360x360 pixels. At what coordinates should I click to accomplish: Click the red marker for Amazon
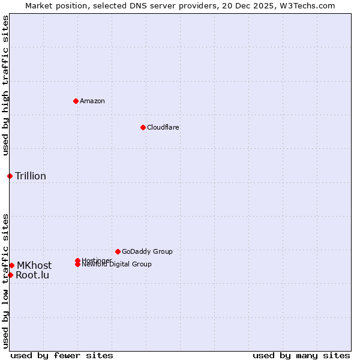[x=76, y=101]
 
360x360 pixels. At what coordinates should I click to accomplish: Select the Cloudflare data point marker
[x=143, y=127]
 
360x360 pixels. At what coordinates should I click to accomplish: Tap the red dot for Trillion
[x=10, y=176]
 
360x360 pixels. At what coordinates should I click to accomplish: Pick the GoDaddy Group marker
[x=118, y=251]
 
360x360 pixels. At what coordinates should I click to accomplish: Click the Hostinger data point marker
[x=77, y=260]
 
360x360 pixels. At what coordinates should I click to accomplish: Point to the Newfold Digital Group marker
[x=77, y=264]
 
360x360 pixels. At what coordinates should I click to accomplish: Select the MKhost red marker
[x=11, y=265]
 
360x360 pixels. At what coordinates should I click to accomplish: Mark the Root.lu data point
[x=10, y=275]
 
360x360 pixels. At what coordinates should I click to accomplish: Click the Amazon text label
[x=92, y=101]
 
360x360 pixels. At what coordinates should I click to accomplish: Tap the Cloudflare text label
[x=163, y=127]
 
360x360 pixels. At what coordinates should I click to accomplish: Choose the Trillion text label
[x=31, y=176]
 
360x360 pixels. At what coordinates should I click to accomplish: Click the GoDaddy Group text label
[x=147, y=251]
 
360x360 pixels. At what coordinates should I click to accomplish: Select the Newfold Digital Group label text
[x=117, y=265]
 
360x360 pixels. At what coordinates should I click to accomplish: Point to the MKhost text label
[x=34, y=265]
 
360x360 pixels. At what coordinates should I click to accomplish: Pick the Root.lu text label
[x=32, y=275]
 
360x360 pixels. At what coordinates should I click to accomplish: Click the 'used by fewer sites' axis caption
[x=62, y=355]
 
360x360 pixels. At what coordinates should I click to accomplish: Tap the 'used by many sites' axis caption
[x=301, y=355]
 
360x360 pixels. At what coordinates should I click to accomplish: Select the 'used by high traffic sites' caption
[x=5, y=85]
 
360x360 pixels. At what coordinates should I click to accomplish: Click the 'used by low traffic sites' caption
[x=5, y=281]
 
